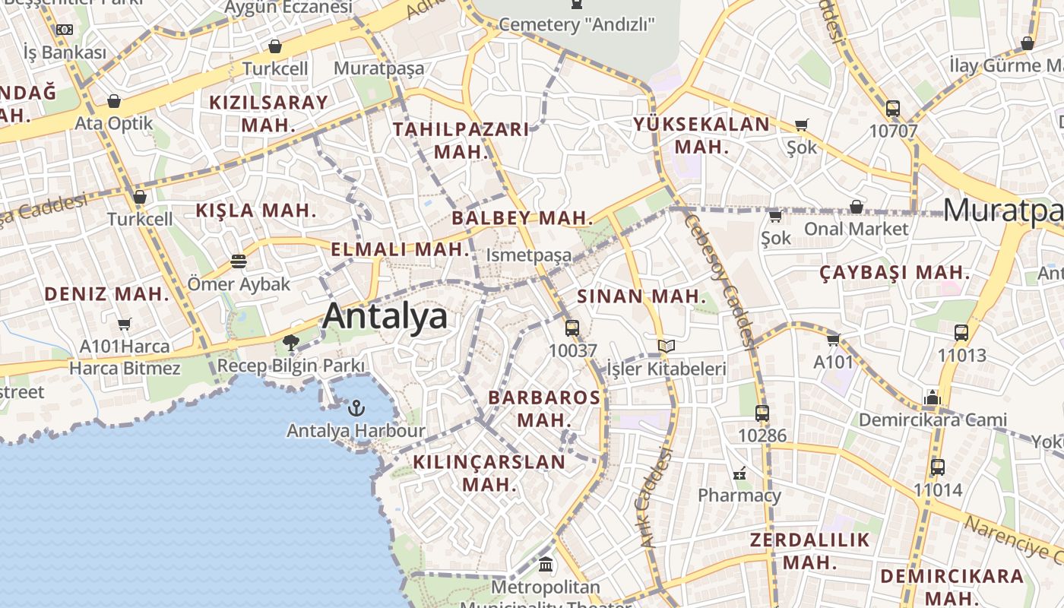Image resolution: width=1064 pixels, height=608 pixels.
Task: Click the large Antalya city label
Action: click(385, 316)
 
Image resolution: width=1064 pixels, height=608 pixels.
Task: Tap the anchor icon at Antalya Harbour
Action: click(356, 409)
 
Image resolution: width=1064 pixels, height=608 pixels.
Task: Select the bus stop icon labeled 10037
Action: click(572, 328)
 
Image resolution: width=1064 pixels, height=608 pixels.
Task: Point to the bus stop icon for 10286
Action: click(762, 413)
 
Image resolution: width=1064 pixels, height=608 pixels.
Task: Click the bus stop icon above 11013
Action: click(961, 332)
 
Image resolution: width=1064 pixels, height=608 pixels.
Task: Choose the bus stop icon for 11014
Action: click(938, 467)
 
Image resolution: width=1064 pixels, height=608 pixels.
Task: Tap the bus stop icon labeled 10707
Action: click(893, 109)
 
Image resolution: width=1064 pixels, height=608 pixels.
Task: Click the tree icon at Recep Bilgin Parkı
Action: click(290, 343)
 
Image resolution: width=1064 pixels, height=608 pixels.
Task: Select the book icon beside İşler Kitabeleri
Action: click(667, 347)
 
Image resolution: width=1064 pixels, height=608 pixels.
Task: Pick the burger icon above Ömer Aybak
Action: click(239, 261)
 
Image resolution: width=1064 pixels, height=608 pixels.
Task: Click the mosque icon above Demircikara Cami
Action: click(933, 397)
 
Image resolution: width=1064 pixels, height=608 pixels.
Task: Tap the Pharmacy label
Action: click(739, 496)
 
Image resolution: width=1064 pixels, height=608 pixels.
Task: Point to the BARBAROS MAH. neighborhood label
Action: click(544, 408)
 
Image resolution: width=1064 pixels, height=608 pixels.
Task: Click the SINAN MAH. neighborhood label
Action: click(641, 296)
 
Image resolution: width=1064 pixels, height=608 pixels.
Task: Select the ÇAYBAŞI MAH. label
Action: click(895, 272)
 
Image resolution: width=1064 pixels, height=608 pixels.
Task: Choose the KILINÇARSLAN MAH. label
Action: click(489, 473)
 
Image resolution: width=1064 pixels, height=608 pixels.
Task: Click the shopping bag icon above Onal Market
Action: click(857, 207)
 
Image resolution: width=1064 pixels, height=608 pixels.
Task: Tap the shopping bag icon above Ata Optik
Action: click(114, 101)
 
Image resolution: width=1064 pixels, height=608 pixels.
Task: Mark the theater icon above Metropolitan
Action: click(546, 565)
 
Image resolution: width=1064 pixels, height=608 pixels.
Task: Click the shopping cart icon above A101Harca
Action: click(125, 325)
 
